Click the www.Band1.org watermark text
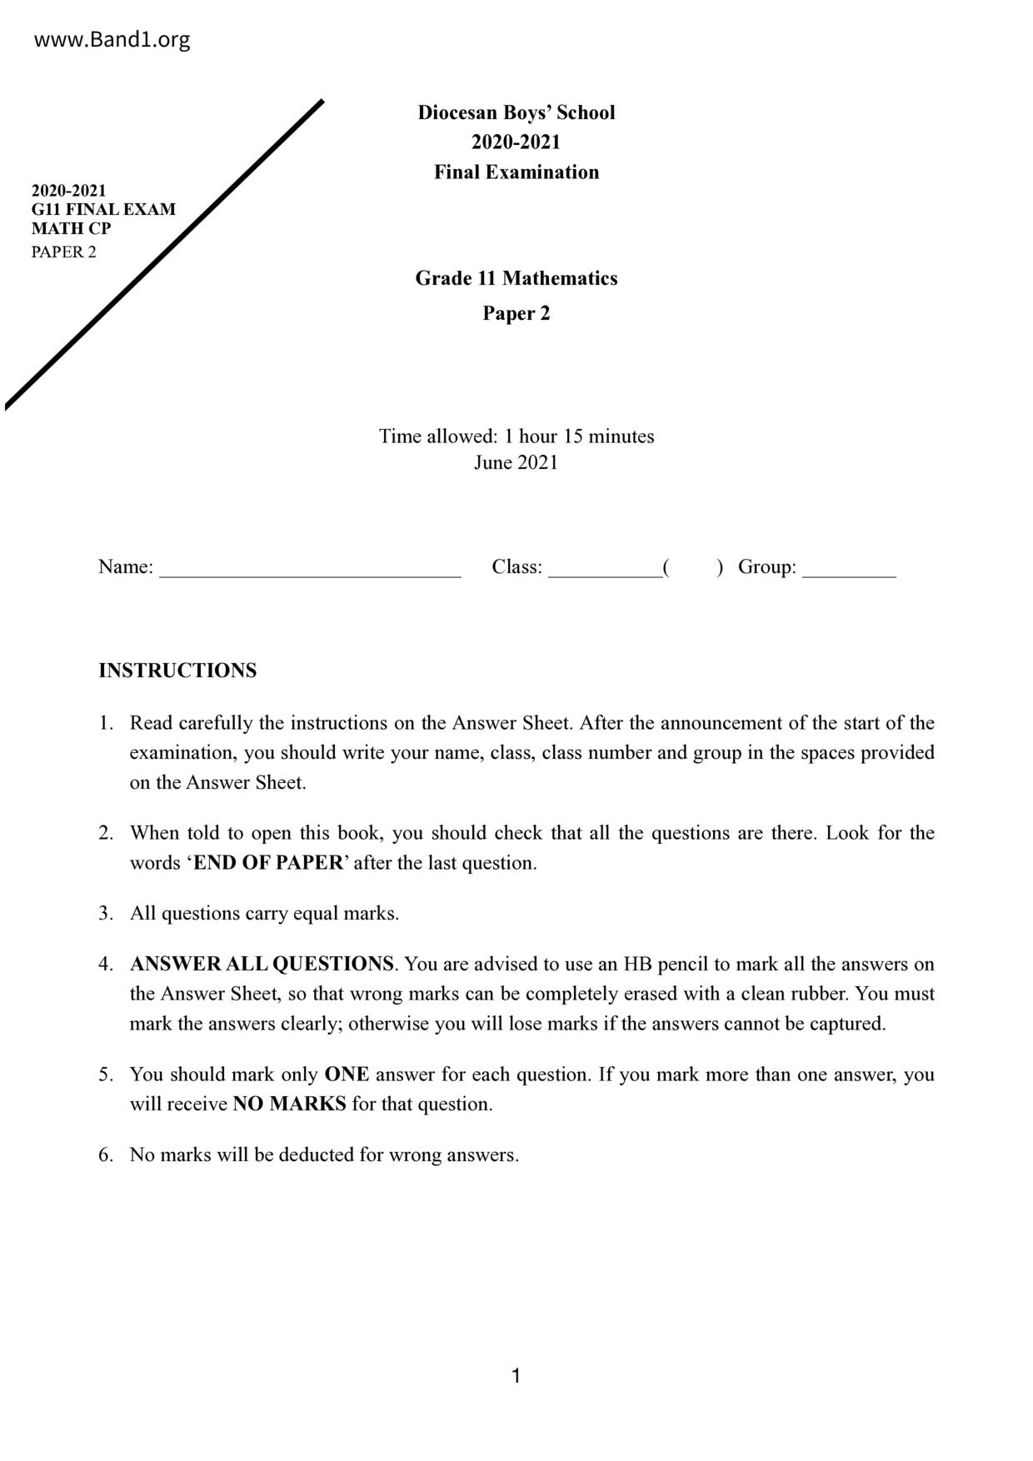tap(112, 39)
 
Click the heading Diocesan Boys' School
tap(516, 112)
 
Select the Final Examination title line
tap(516, 172)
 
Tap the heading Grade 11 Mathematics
tap(516, 278)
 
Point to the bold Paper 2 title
tap(516, 313)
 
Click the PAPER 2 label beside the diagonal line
tap(63, 252)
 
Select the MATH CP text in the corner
tap(71, 228)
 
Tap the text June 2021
tap(516, 462)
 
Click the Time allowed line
tap(516, 436)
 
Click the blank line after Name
tap(310, 572)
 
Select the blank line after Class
tap(605, 572)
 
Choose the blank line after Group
tap(849, 572)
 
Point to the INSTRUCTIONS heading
tap(177, 671)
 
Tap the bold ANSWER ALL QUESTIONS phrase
tap(262, 964)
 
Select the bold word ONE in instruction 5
tap(347, 1075)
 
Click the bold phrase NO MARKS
tap(289, 1104)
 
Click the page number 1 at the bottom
tap(516, 1376)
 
